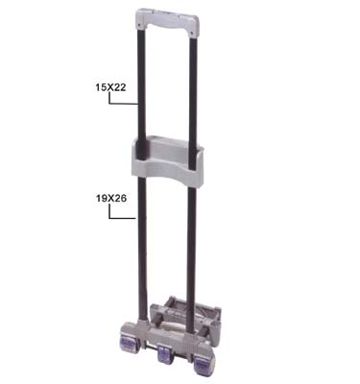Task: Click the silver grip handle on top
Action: click(x=167, y=21)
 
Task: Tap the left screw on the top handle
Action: click(x=139, y=25)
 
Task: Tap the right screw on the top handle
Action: click(x=191, y=34)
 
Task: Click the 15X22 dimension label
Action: click(x=110, y=87)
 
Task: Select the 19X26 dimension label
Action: click(x=111, y=199)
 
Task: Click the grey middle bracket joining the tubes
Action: click(x=167, y=161)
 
